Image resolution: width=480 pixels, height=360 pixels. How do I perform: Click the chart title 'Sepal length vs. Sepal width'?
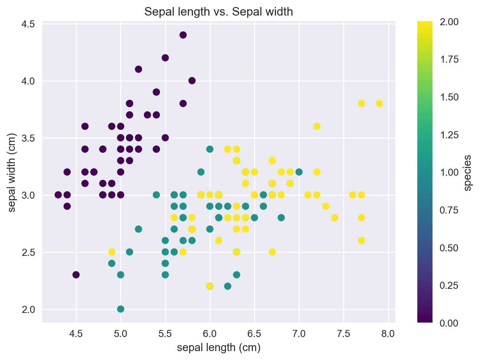218,12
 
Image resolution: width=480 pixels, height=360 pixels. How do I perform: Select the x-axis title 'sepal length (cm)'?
218,348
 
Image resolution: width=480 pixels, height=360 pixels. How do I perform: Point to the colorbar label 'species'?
468,173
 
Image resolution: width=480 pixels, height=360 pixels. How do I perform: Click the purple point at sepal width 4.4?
183,35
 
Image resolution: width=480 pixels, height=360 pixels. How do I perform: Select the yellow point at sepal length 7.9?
379,103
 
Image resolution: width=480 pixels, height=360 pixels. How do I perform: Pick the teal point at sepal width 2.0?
121,309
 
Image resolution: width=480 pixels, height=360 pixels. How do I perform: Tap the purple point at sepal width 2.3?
76,275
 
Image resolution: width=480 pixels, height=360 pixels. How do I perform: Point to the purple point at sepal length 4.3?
58,195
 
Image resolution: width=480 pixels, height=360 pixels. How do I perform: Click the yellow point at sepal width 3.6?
317,126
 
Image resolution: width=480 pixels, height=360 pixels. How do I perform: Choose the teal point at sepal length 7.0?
299,172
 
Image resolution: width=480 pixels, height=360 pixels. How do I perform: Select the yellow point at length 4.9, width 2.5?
112,252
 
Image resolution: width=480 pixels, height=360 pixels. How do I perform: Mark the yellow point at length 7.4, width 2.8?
335,218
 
